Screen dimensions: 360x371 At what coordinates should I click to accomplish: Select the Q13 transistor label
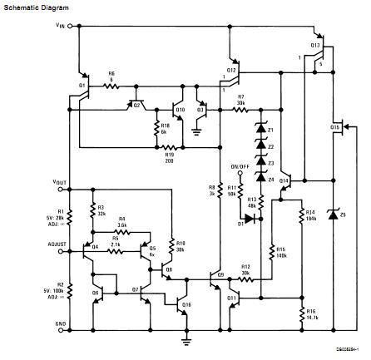pos(316,44)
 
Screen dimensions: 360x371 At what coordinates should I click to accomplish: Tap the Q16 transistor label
pos(186,305)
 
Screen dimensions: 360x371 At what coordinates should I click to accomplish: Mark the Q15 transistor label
pos(336,127)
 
